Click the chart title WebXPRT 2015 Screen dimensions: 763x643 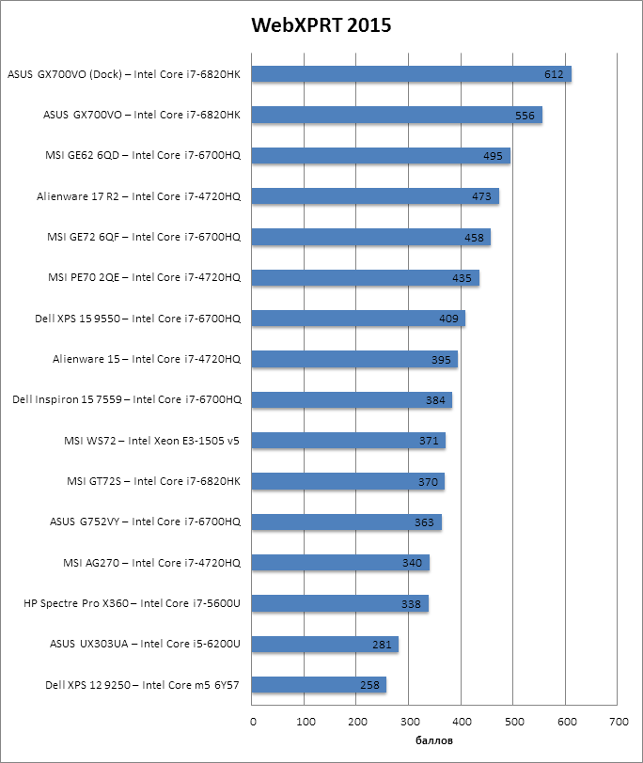click(x=321, y=25)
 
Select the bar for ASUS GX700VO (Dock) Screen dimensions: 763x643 click(x=412, y=74)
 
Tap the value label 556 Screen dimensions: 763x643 click(x=525, y=116)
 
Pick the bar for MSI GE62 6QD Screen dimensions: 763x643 click(x=381, y=156)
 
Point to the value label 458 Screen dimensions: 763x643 click(x=474, y=238)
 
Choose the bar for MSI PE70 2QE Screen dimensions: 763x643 click(x=366, y=278)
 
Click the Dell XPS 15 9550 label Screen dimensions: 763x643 click(x=137, y=319)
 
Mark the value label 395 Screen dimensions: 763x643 click(x=441, y=360)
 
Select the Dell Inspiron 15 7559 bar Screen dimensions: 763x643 click(x=353, y=400)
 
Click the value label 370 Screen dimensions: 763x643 click(x=428, y=482)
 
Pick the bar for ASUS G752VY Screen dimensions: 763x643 click(x=347, y=522)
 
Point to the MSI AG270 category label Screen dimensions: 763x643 click(x=152, y=563)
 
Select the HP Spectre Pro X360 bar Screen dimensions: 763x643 click(x=340, y=603)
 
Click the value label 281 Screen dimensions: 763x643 click(x=382, y=645)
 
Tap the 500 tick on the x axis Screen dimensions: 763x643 click(x=513, y=722)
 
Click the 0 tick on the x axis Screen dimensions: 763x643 click(x=253, y=722)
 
